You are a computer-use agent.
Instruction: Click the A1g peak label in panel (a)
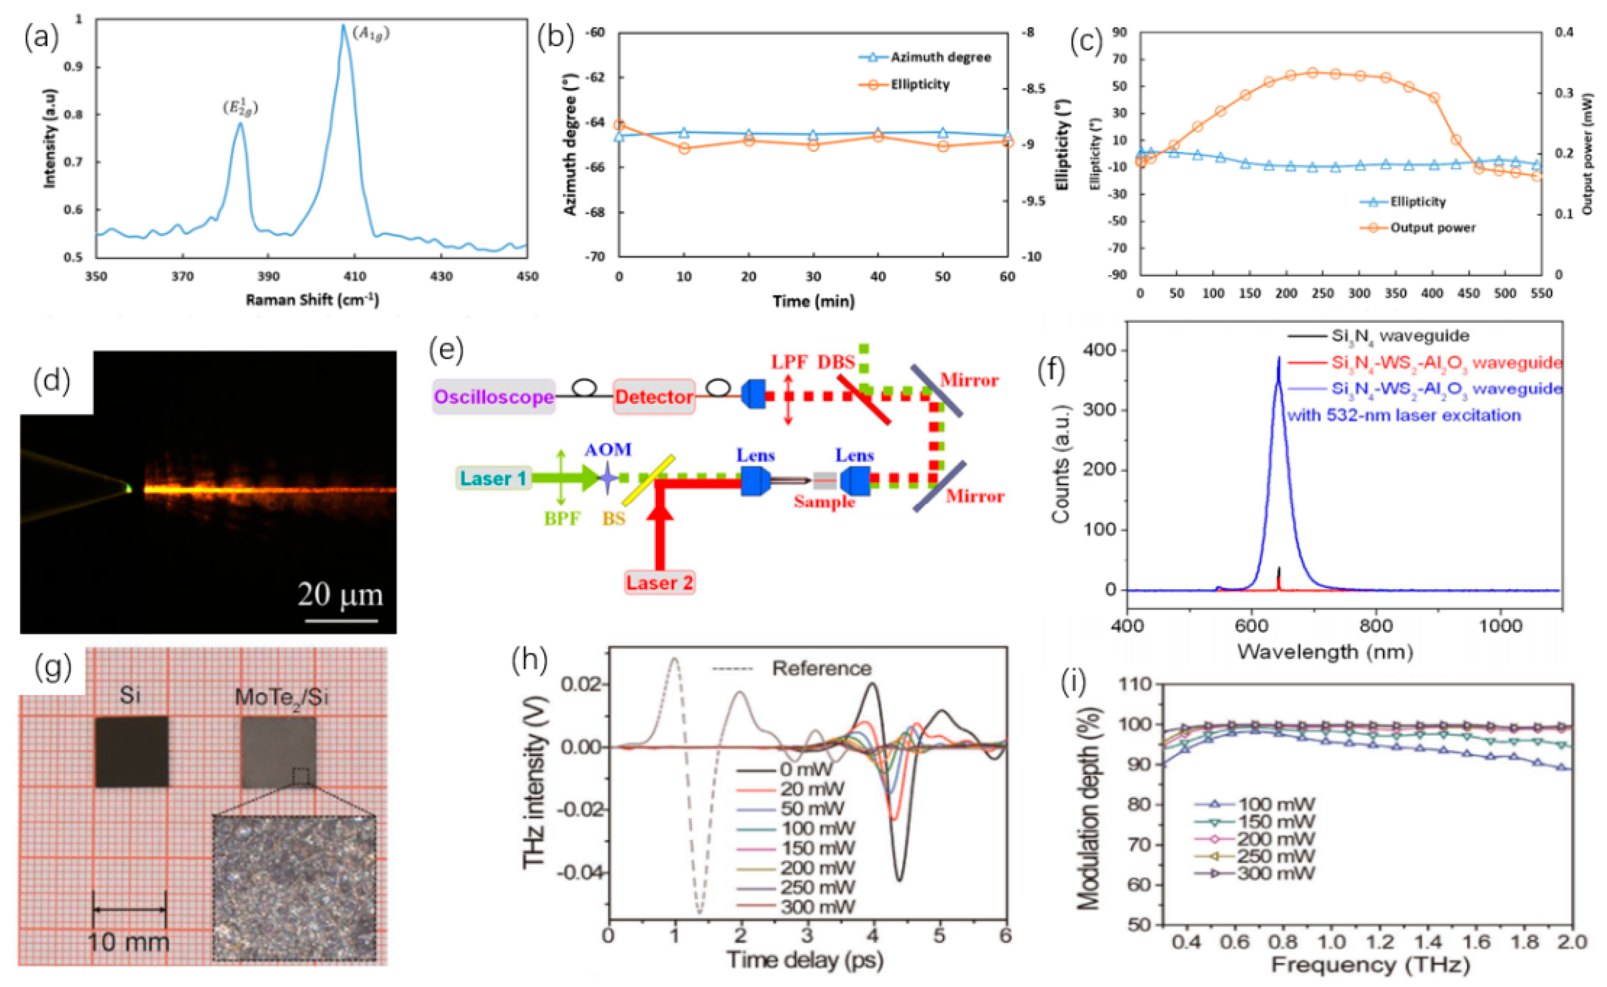(x=371, y=33)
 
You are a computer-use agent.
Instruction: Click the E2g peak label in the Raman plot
(x=240, y=108)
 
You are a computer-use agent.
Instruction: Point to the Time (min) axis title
(x=813, y=301)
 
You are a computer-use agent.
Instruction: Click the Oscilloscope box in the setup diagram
(x=494, y=397)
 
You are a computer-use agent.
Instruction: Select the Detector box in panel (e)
(x=654, y=397)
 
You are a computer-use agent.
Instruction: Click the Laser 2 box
(x=660, y=582)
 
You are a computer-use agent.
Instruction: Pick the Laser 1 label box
(x=493, y=478)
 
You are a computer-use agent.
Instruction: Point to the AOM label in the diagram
(x=608, y=450)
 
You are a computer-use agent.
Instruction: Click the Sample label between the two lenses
(x=824, y=501)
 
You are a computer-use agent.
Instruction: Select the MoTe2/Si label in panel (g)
(x=281, y=697)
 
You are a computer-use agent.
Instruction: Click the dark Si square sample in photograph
(x=131, y=751)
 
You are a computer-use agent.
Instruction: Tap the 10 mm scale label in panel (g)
(x=128, y=942)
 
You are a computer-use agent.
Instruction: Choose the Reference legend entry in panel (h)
(x=822, y=668)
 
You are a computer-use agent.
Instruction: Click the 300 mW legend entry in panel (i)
(x=1275, y=873)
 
